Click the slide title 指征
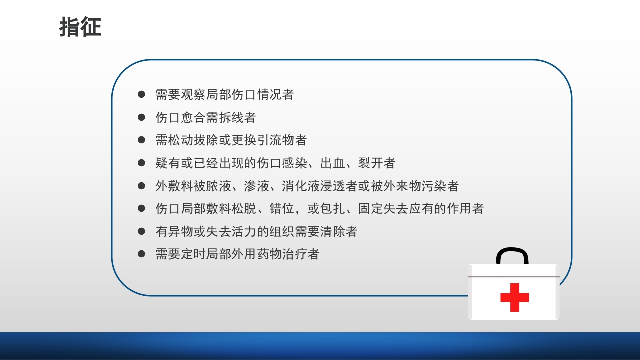tap(80, 27)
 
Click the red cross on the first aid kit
tap(514, 297)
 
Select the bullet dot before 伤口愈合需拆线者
tap(141, 117)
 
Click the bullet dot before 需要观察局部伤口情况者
tap(141, 94)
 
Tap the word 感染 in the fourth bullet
tap(294, 163)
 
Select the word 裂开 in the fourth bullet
tap(371, 163)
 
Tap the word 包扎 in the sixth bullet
tap(332, 208)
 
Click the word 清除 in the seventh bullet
tap(332, 232)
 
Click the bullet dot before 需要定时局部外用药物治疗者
tap(141, 254)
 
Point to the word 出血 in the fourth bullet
tap(332, 163)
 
